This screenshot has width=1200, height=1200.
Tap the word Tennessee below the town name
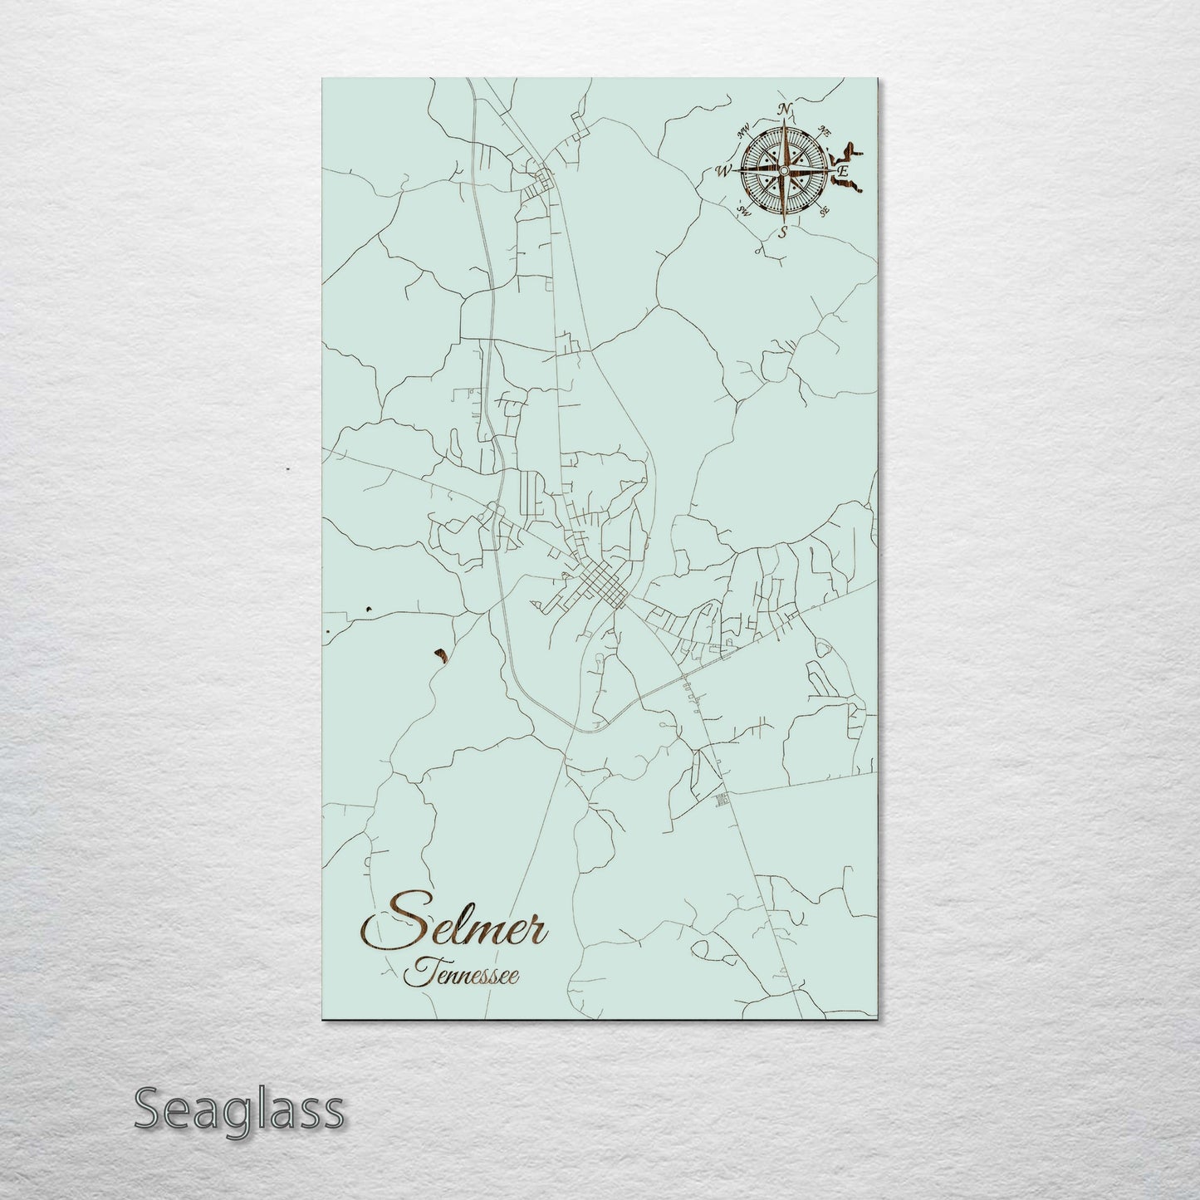coord(462,975)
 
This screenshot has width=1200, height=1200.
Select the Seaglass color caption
coord(238,1109)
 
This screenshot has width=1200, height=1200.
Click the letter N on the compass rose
coord(785,110)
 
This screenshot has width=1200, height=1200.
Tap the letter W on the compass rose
coord(723,172)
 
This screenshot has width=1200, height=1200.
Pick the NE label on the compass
coord(825,130)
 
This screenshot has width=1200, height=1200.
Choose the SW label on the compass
coord(744,212)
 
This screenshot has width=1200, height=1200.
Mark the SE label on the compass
coord(824,212)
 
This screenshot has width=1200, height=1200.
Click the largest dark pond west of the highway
coord(440,656)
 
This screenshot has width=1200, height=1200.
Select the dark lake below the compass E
coord(847,191)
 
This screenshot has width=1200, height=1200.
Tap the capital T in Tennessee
coord(417,972)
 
